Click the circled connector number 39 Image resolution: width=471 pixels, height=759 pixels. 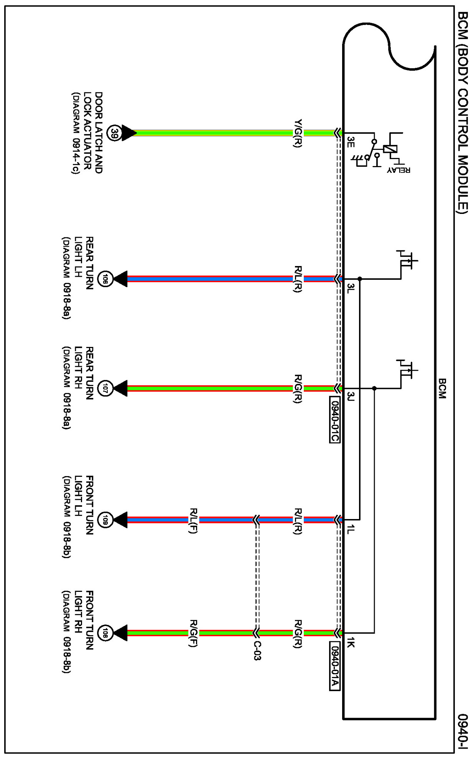[114, 133]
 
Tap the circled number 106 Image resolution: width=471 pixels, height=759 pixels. [105, 279]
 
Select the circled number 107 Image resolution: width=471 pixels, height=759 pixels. [105, 389]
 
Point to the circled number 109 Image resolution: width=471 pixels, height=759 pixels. [105, 520]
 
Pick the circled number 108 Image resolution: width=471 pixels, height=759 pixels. [105, 633]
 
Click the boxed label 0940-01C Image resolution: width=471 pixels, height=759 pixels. [334, 420]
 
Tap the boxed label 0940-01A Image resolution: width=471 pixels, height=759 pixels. [334, 665]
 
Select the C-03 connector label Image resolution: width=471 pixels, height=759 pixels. [257, 651]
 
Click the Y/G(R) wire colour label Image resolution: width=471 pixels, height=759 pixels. [298, 133]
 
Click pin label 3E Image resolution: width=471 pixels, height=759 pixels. [350, 142]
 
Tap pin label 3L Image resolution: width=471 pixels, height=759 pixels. [350, 288]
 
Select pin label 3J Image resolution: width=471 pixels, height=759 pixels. [350, 397]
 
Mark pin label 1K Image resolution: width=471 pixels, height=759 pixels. [350, 643]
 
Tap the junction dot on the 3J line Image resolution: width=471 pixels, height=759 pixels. [374, 388]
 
